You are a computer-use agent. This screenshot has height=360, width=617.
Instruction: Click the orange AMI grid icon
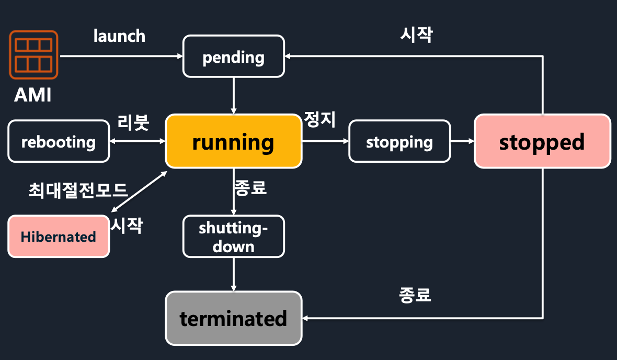point(33,54)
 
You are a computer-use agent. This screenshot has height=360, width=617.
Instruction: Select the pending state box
point(233,57)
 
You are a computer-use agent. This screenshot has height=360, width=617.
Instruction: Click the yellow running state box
point(233,142)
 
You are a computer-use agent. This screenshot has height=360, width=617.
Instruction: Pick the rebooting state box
point(59,142)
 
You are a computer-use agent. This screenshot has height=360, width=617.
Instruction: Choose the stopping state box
point(399,142)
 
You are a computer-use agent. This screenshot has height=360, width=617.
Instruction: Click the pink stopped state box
point(542,141)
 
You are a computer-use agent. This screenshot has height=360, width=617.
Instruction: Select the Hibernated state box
point(59,237)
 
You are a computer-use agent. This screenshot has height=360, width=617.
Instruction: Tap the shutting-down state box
point(233,237)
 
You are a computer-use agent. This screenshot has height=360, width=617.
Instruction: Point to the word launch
point(119,36)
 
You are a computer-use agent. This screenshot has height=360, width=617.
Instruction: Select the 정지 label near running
point(319,119)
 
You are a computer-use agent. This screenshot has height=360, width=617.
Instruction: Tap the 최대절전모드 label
point(78,189)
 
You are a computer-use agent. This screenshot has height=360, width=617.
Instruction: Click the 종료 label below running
point(251,187)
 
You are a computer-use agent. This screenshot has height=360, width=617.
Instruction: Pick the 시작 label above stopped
point(417,35)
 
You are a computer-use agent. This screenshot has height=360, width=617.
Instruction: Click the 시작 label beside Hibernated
point(127,226)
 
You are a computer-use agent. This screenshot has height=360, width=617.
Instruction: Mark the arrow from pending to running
point(233,95)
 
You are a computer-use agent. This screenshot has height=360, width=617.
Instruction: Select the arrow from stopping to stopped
point(462,142)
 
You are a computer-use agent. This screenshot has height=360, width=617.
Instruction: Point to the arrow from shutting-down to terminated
point(233,274)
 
